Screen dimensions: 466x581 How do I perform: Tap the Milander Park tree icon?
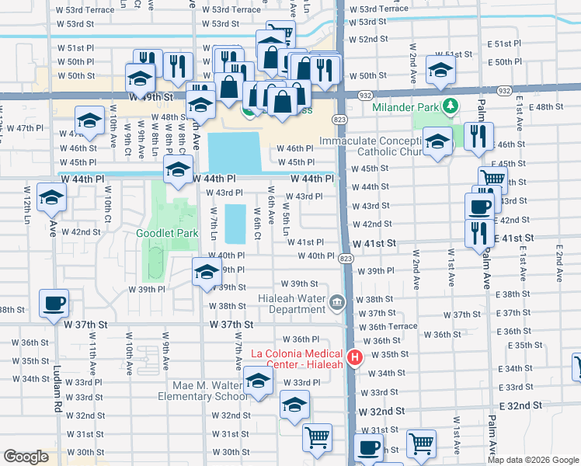click(x=449, y=106)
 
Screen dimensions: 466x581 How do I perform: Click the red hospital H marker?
click(x=355, y=358)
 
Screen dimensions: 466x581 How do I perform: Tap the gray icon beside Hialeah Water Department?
click(x=336, y=302)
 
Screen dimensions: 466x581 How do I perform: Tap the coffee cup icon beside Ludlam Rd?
click(x=54, y=303)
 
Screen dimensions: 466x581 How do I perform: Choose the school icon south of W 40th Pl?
click(x=207, y=272)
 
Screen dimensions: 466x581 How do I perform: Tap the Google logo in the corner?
click(x=26, y=457)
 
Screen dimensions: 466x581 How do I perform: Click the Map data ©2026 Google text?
click(x=533, y=460)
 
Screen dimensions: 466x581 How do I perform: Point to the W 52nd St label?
click(x=368, y=39)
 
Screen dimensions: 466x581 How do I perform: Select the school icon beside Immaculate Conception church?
click(x=438, y=141)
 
